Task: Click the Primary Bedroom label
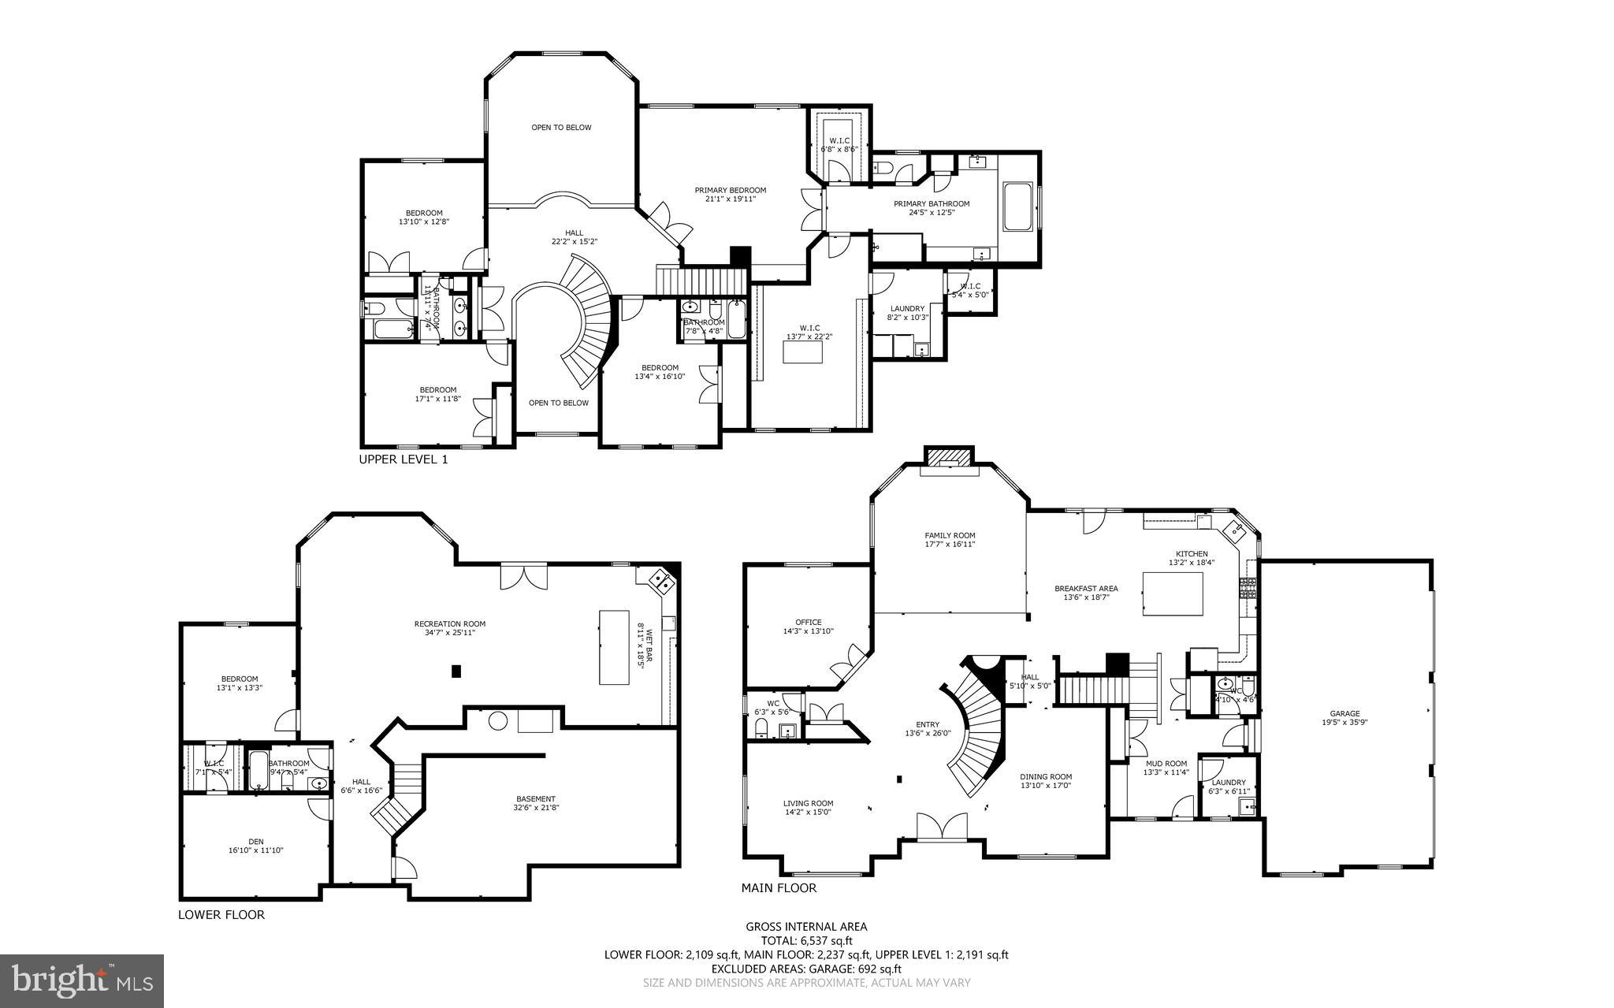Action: pyautogui.click(x=730, y=195)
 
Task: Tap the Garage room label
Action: pyautogui.click(x=1345, y=717)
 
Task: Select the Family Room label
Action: pyautogui.click(x=950, y=540)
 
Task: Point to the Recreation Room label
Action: pyautogui.click(x=449, y=627)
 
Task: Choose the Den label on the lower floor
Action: pyautogui.click(x=256, y=846)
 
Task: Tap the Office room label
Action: pyautogui.click(x=808, y=627)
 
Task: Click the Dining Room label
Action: pyautogui.click(x=1046, y=780)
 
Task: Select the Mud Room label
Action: pyautogui.click(x=1165, y=768)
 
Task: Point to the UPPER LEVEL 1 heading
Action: pyautogui.click(x=403, y=459)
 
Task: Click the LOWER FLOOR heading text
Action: pyautogui.click(x=221, y=915)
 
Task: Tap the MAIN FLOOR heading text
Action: pyautogui.click(x=779, y=887)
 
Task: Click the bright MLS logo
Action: pyautogui.click(x=82, y=980)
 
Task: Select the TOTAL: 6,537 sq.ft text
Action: pyautogui.click(x=806, y=940)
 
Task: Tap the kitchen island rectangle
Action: pyautogui.click(x=1173, y=594)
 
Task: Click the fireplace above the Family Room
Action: pyautogui.click(x=949, y=459)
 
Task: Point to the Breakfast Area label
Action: pyautogui.click(x=1086, y=593)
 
